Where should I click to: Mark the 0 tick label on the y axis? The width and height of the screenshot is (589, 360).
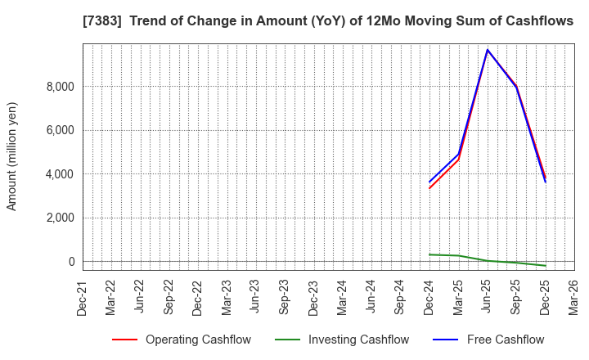tap(71, 262)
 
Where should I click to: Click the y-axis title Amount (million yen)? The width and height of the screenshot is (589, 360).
tap(12, 156)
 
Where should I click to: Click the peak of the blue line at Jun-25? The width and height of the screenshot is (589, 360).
tap(488, 50)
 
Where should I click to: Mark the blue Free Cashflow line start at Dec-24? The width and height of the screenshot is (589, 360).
tap(429, 182)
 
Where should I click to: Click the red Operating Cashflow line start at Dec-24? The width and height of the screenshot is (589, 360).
tap(429, 188)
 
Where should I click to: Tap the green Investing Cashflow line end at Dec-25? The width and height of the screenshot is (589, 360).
tap(546, 266)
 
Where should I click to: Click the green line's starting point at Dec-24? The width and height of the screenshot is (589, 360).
tap(429, 254)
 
